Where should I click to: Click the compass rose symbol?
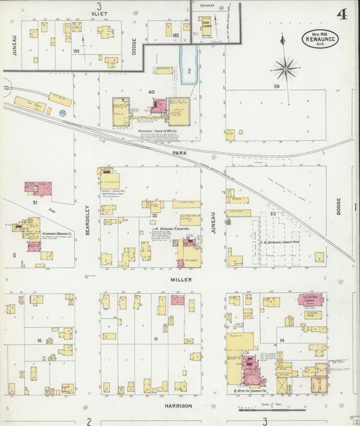point(285,68)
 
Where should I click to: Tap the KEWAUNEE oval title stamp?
point(319,39)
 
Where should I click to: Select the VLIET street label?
point(99,13)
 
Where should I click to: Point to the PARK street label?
point(179,153)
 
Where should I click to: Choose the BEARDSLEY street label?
point(88,220)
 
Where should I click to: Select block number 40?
point(151,92)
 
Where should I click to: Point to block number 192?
point(76,51)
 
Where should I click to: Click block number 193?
point(176,35)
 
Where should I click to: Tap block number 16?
point(40,341)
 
